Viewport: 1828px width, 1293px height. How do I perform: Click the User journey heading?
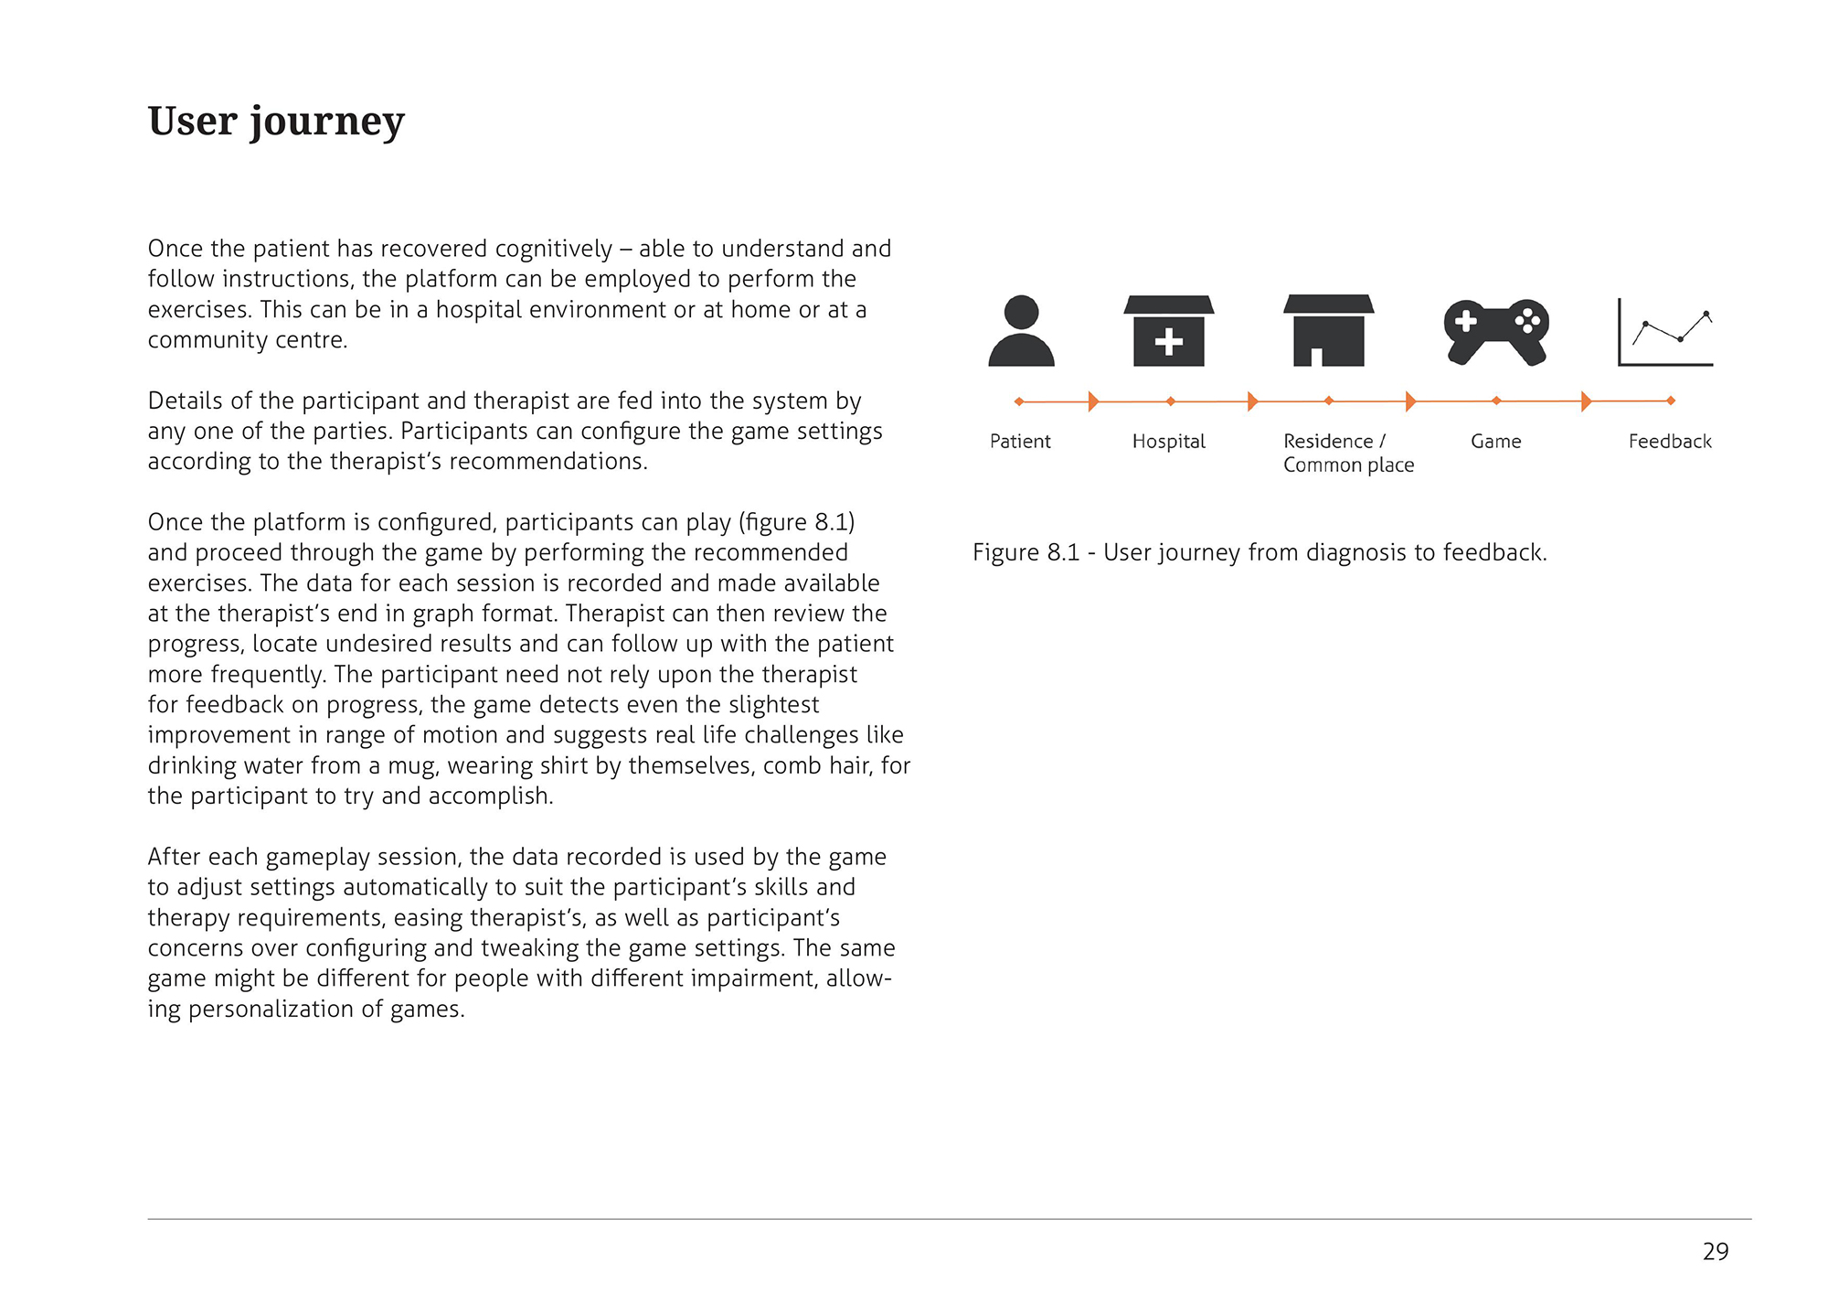(x=276, y=122)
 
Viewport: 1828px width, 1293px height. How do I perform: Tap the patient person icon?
(x=1021, y=332)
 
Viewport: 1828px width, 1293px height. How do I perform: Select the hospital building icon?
(x=1168, y=331)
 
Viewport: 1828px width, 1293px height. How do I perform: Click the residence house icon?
(x=1328, y=331)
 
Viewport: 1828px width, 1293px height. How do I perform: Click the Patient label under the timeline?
(x=1020, y=442)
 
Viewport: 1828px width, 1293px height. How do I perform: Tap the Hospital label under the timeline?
(x=1168, y=442)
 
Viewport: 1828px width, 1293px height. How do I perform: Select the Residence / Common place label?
(x=1348, y=454)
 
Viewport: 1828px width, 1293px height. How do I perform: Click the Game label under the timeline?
(x=1495, y=442)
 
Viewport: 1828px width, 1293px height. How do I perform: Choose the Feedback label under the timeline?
(x=1670, y=442)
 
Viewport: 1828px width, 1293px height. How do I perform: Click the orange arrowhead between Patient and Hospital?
(x=1093, y=401)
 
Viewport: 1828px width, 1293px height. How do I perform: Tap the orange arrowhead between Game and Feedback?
(x=1586, y=401)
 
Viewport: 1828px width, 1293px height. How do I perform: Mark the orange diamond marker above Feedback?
(x=1671, y=401)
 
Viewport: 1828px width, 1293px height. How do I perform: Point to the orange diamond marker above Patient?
(x=1019, y=401)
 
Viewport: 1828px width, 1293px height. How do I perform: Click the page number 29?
(x=1716, y=1252)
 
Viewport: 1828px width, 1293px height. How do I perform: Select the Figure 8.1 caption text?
(x=1259, y=553)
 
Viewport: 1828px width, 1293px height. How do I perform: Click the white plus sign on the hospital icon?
(x=1168, y=343)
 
